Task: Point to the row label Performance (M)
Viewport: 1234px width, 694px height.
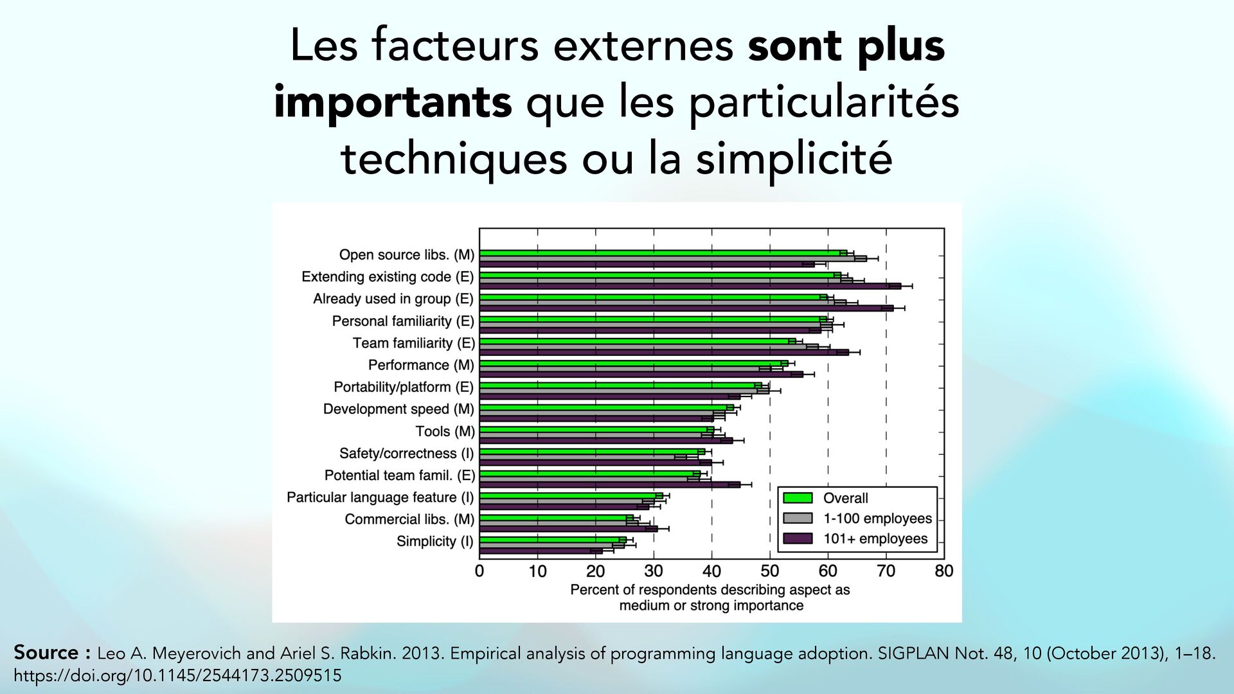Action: (421, 365)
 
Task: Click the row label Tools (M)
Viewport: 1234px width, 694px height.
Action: (445, 431)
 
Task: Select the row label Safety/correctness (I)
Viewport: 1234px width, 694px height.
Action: (406, 453)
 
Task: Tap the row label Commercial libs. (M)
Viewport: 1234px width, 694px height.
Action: (409, 519)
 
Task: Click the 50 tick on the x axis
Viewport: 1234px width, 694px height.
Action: (769, 571)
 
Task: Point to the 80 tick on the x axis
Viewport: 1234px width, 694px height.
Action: (943, 571)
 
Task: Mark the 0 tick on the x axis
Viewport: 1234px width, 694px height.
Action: (479, 571)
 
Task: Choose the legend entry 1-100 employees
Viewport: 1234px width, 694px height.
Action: (877, 519)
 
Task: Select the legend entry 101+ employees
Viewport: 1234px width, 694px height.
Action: (875, 539)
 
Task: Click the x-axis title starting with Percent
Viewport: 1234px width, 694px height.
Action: (710, 598)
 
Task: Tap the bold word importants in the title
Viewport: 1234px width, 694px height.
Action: (392, 102)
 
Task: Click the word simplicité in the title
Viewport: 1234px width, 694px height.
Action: (794, 158)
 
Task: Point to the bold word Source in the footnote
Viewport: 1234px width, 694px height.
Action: (46, 652)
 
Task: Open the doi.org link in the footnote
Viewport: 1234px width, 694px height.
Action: (177, 676)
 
